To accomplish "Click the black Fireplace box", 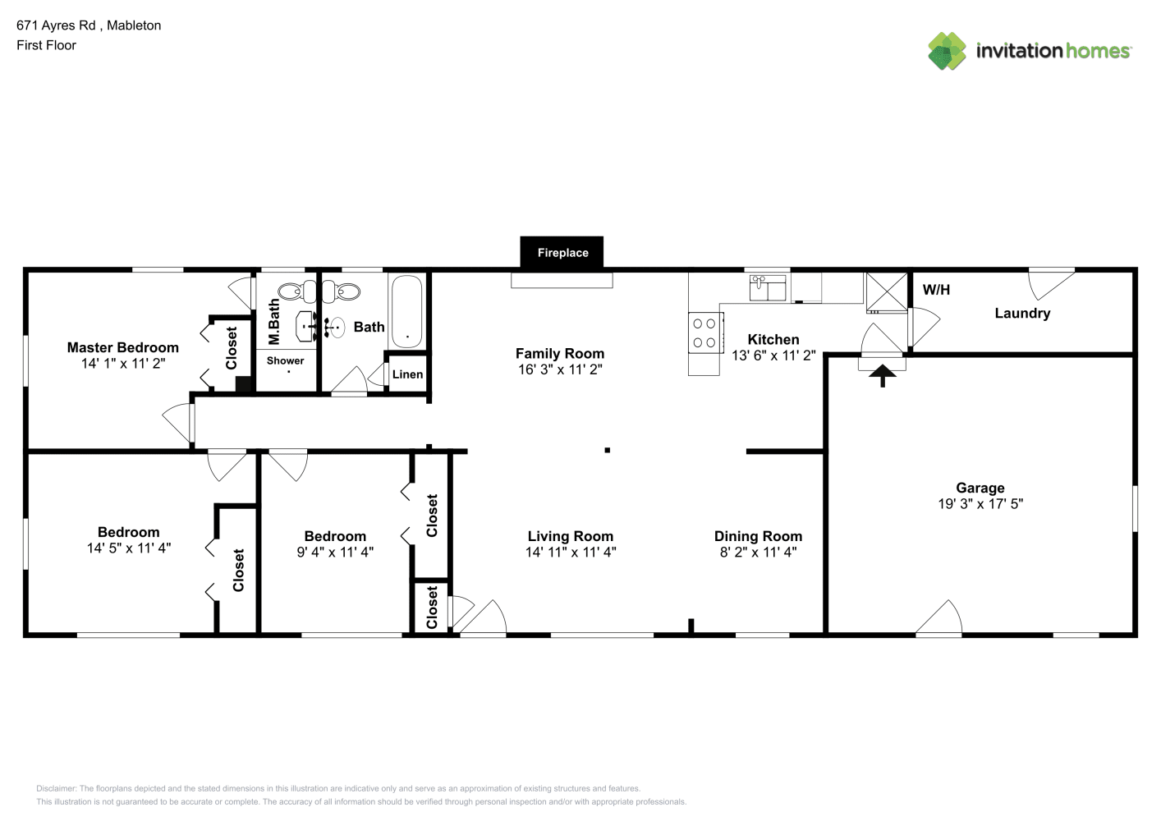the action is [562, 252].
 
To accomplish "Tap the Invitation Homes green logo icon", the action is [947, 51].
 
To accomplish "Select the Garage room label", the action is [980, 488].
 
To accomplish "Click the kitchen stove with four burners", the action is [704, 333].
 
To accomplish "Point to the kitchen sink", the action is [767, 287].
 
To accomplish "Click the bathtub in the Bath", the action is [407, 311].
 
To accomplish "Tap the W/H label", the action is [936, 290].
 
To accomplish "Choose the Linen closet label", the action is [407, 374].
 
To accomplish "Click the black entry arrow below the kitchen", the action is [882, 375].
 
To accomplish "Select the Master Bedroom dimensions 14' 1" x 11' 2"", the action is [123, 364].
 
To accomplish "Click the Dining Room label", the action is [759, 536].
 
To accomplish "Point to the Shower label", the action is [285, 360].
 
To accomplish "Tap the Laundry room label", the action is [1022, 313].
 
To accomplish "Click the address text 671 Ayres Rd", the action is [56, 25].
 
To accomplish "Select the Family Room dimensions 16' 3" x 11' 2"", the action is [560, 369].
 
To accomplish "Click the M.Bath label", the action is [273, 321].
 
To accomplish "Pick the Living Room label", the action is [570, 536].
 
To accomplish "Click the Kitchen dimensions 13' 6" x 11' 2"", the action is [773, 355].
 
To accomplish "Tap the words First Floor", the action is [46, 45].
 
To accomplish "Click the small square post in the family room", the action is [607, 450].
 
